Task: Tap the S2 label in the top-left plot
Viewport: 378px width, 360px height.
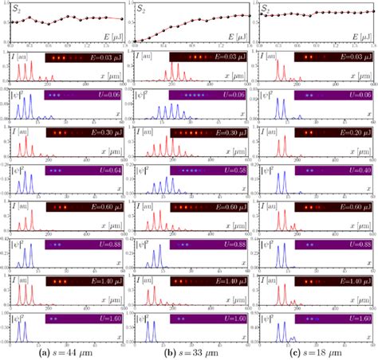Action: (15, 9)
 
